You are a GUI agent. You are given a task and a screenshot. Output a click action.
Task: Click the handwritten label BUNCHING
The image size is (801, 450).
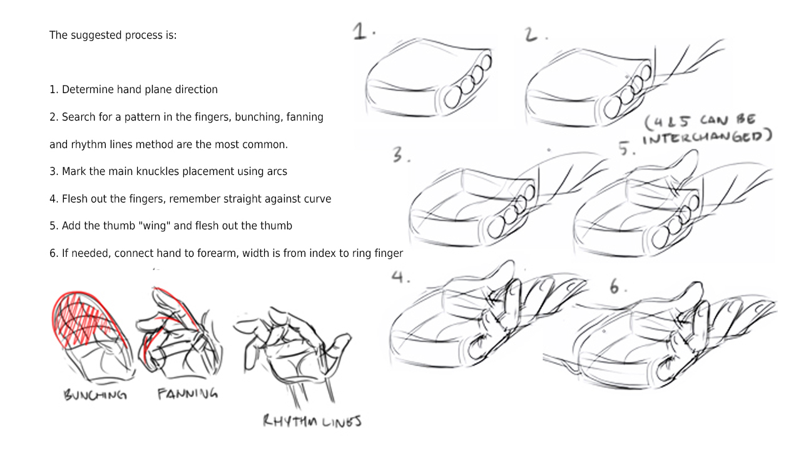pos(95,395)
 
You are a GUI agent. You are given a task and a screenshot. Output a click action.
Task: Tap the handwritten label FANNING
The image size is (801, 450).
pos(187,394)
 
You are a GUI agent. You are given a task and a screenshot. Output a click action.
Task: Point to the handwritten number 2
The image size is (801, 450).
pos(532,35)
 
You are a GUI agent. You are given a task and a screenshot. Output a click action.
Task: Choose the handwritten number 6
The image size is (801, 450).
pos(616,287)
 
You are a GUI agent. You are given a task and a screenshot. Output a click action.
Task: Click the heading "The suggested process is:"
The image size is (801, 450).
pos(113,35)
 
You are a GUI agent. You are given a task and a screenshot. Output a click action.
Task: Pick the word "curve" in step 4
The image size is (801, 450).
pos(316,199)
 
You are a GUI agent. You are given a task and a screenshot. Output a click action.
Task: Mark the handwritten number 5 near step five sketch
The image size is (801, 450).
pos(626,149)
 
